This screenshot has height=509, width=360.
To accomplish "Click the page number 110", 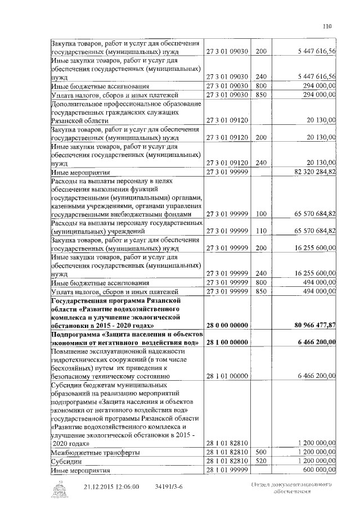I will click(x=328, y=25).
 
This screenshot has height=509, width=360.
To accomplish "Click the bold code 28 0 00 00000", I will click(x=227, y=325).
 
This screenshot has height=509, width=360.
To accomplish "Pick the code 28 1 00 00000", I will click(x=227, y=342).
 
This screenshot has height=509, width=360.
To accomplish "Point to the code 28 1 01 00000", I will click(x=227, y=375).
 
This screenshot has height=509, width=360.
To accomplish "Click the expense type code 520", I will click(x=260, y=461).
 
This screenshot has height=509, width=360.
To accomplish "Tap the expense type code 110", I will click(x=260, y=231).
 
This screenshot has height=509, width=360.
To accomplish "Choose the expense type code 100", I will click(x=260, y=214).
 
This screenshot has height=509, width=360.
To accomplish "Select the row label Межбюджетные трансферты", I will click(x=95, y=452).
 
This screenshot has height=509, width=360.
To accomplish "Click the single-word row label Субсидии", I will click(x=67, y=461).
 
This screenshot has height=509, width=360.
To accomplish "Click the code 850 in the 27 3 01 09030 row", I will click(x=260, y=94).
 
